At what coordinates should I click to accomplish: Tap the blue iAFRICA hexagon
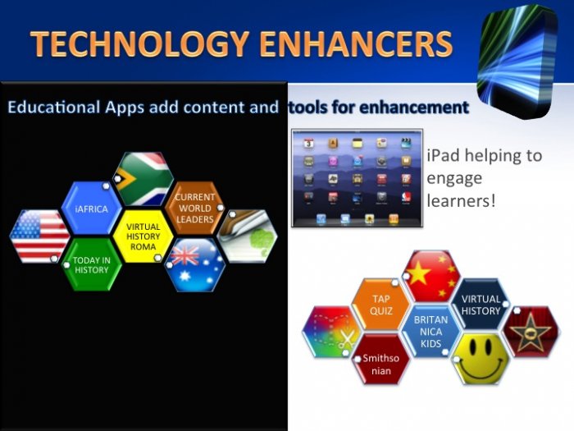tap(91, 209)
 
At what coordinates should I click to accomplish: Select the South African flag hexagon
tap(143, 179)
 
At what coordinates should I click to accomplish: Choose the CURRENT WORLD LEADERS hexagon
tap(195, 208)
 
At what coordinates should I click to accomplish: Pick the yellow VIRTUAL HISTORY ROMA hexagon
tap(143, 236)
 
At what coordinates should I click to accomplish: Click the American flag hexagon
tap(39, 236)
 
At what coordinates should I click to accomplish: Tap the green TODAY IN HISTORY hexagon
tap(91, 264)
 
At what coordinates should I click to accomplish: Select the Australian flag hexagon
tap(195, 265)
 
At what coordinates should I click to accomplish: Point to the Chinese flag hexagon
tap(431, 277)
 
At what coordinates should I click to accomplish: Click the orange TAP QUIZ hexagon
tap(381, 305)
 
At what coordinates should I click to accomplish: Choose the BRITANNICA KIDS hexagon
tap(430, 332)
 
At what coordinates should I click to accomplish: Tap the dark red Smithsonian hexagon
tap(381, 360)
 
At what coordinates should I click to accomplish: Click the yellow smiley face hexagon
tap(481, 360)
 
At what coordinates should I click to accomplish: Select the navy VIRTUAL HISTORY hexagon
tap(481, 305)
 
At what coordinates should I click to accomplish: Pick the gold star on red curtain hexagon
tap(531, 332)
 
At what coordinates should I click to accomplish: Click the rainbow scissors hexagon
tap(331, 332)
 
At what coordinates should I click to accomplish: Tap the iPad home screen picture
tap(357, 178)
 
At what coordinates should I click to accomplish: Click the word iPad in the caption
tap(443, 155)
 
